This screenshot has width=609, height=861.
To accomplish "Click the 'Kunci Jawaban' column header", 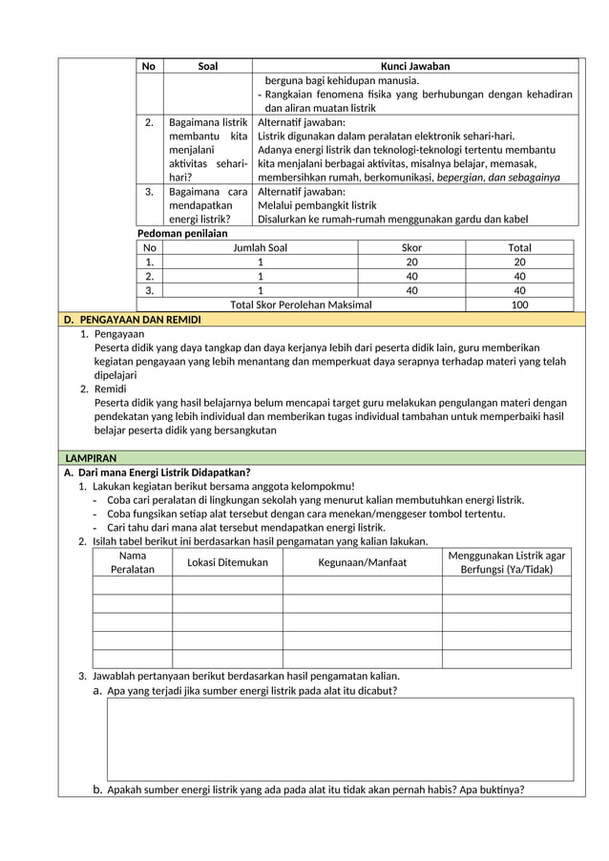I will click(415, 66).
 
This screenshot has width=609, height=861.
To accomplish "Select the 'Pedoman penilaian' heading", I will click(182, 233).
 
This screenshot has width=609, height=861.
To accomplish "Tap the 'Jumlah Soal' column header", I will click(261, 247).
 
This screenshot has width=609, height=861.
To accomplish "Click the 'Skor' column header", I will click(411, 247).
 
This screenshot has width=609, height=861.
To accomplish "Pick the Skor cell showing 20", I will click(411, 262).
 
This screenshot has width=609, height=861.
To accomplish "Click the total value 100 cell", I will click(519, 304).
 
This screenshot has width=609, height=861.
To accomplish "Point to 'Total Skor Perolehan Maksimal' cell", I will click(301, 304).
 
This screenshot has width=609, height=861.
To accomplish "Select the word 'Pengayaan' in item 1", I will click(118, 333).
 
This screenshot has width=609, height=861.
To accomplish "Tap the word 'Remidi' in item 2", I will click(110, 388).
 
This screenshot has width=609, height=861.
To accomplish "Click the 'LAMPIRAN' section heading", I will click(91, 458).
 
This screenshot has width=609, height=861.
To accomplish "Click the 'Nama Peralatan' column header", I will click(133, 562).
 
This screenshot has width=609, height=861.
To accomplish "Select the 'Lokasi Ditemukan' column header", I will click(227, 562).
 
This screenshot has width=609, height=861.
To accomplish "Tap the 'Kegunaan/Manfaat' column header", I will click(362, 562).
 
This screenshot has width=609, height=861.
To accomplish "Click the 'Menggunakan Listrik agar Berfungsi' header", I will click(506, 562).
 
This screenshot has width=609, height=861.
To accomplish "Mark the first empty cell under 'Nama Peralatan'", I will click(133, 585).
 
